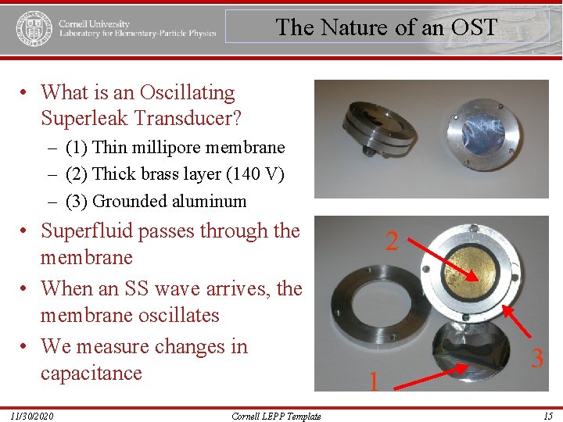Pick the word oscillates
(x=171, y=316)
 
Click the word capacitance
(x=91, y=373)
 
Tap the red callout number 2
(x=392, y=241)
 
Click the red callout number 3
(x=537, y=359)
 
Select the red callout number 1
(x=374, y=382)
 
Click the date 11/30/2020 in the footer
(x=32, y=416)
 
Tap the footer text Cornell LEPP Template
(x=276, y=416)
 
